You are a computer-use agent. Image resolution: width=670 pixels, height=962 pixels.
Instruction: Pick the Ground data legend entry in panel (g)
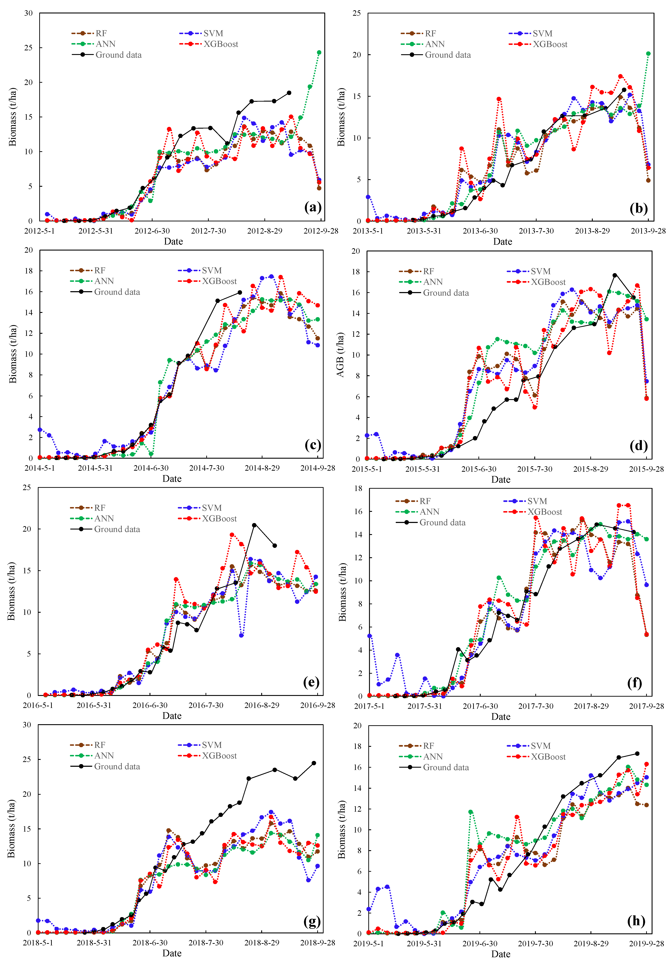(117, 766)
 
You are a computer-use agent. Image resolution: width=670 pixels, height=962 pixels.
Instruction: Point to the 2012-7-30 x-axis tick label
(208, 231)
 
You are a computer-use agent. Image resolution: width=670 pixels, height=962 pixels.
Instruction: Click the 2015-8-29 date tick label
(590, 469)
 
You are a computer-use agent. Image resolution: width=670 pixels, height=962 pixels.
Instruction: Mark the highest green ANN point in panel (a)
(319, 52)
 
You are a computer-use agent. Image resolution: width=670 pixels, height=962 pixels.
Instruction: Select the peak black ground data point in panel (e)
(254, 525)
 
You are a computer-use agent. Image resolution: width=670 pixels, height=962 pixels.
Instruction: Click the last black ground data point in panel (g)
(314, 763)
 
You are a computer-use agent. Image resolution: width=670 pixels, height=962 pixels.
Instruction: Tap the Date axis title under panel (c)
(172, 478)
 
